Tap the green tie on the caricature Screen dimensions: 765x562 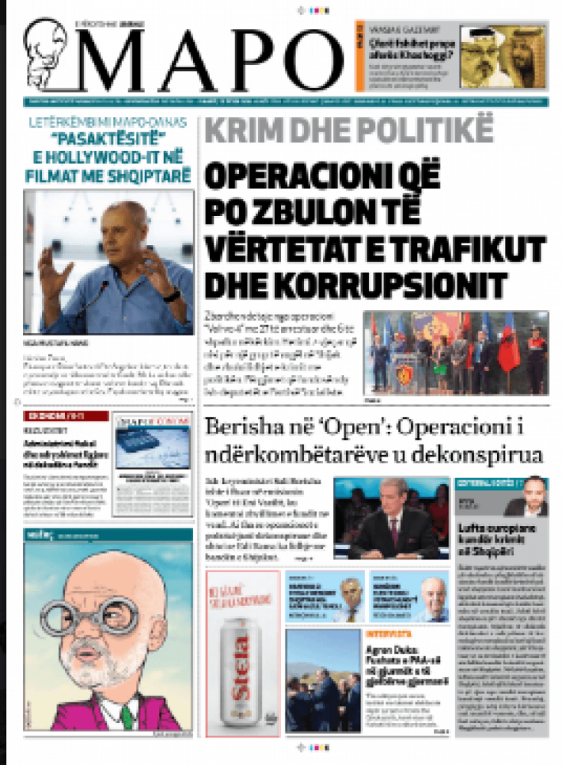[108, 716]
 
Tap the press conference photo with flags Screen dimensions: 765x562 [456, 352]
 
